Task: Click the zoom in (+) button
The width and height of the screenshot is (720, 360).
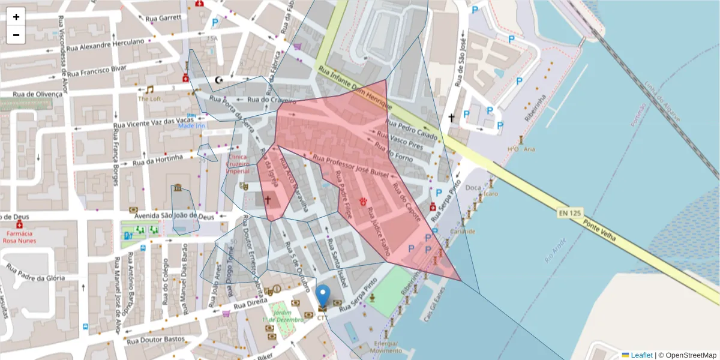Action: point(16,17)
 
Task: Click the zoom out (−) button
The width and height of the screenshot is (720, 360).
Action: point(16,35)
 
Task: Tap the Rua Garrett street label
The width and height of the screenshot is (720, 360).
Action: point(163,18)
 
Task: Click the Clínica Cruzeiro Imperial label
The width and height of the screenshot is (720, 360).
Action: point(238,163)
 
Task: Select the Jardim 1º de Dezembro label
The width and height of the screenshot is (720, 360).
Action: point(277,317)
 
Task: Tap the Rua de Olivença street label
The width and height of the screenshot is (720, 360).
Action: point(37,94)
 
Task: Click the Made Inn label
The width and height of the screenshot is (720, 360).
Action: point(192,126)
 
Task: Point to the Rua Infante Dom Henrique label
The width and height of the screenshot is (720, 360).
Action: point(356,90)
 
